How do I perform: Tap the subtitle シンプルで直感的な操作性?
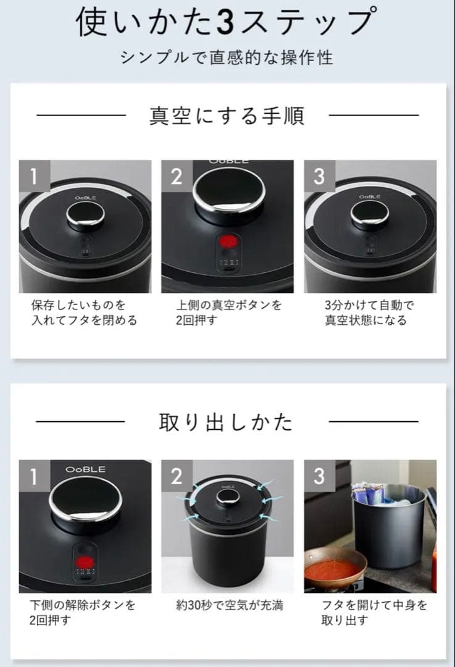pyautogui.click(x=227, y=57)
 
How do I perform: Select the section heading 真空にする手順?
pyautogui.click(x=227, y=115)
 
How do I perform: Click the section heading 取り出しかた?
pyautogui.click(x=227, y=422)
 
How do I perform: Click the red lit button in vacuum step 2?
pyautogui.click(x=228, y=242)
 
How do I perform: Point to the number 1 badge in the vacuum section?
pyautogui.click(x=34, y=176)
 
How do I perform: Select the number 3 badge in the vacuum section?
pyautogui.click(x=319, y=176)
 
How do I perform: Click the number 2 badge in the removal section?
pyautogui.click(x=177, y=476)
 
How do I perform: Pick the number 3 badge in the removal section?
pyautogui.click(x=319, y=476)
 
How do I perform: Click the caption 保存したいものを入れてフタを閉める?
pyautogui.click(x=84, y=313)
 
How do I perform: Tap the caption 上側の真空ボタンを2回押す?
pyautogui.click(x=228, y=313)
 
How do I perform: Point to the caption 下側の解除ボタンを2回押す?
pyautogui.click(x=82, y=613)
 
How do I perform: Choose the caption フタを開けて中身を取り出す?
pyautogui.click(x=374, y=613)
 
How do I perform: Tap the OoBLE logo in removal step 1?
pyautogui.click(x=85, y=470)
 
